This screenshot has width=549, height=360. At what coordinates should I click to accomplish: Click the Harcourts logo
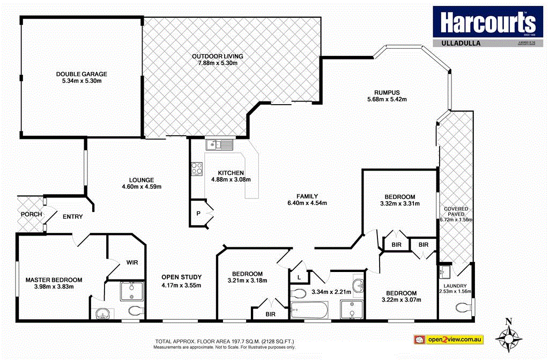click(x=487, y=23)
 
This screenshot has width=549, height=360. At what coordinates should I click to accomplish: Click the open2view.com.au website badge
click(x=449, y=340)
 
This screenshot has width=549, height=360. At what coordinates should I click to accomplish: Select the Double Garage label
click(x=82, y=74)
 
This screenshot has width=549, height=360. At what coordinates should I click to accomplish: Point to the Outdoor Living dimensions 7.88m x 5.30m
click(x=218, y=63)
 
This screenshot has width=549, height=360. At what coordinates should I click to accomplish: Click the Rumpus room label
click(x=387, y=92)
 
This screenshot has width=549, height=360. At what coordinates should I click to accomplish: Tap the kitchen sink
click(x=219, y=144)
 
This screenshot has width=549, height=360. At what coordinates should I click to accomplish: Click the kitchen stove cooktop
click(x=197, y=168)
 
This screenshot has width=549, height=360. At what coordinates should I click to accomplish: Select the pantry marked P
click(x=198, y=214)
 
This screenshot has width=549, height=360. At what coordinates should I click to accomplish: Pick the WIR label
click(x=132, y=263)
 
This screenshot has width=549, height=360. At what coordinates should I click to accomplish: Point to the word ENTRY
click(x=73, y=217)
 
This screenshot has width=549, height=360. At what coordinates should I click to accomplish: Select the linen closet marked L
click(x=298, y=277)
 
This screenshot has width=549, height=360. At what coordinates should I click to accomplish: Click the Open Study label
click(x=181, y=277)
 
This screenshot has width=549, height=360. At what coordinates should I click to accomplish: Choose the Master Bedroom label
click(x=54, y=280)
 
